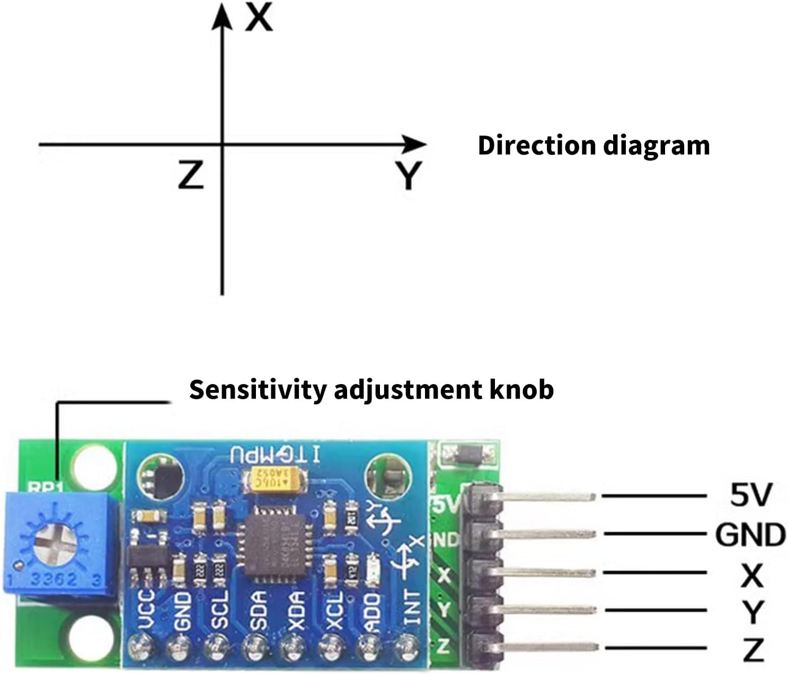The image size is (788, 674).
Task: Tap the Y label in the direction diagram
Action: (408, 175)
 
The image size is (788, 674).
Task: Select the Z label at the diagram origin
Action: (191, 175)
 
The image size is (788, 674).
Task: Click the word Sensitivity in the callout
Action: (258, 389)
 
